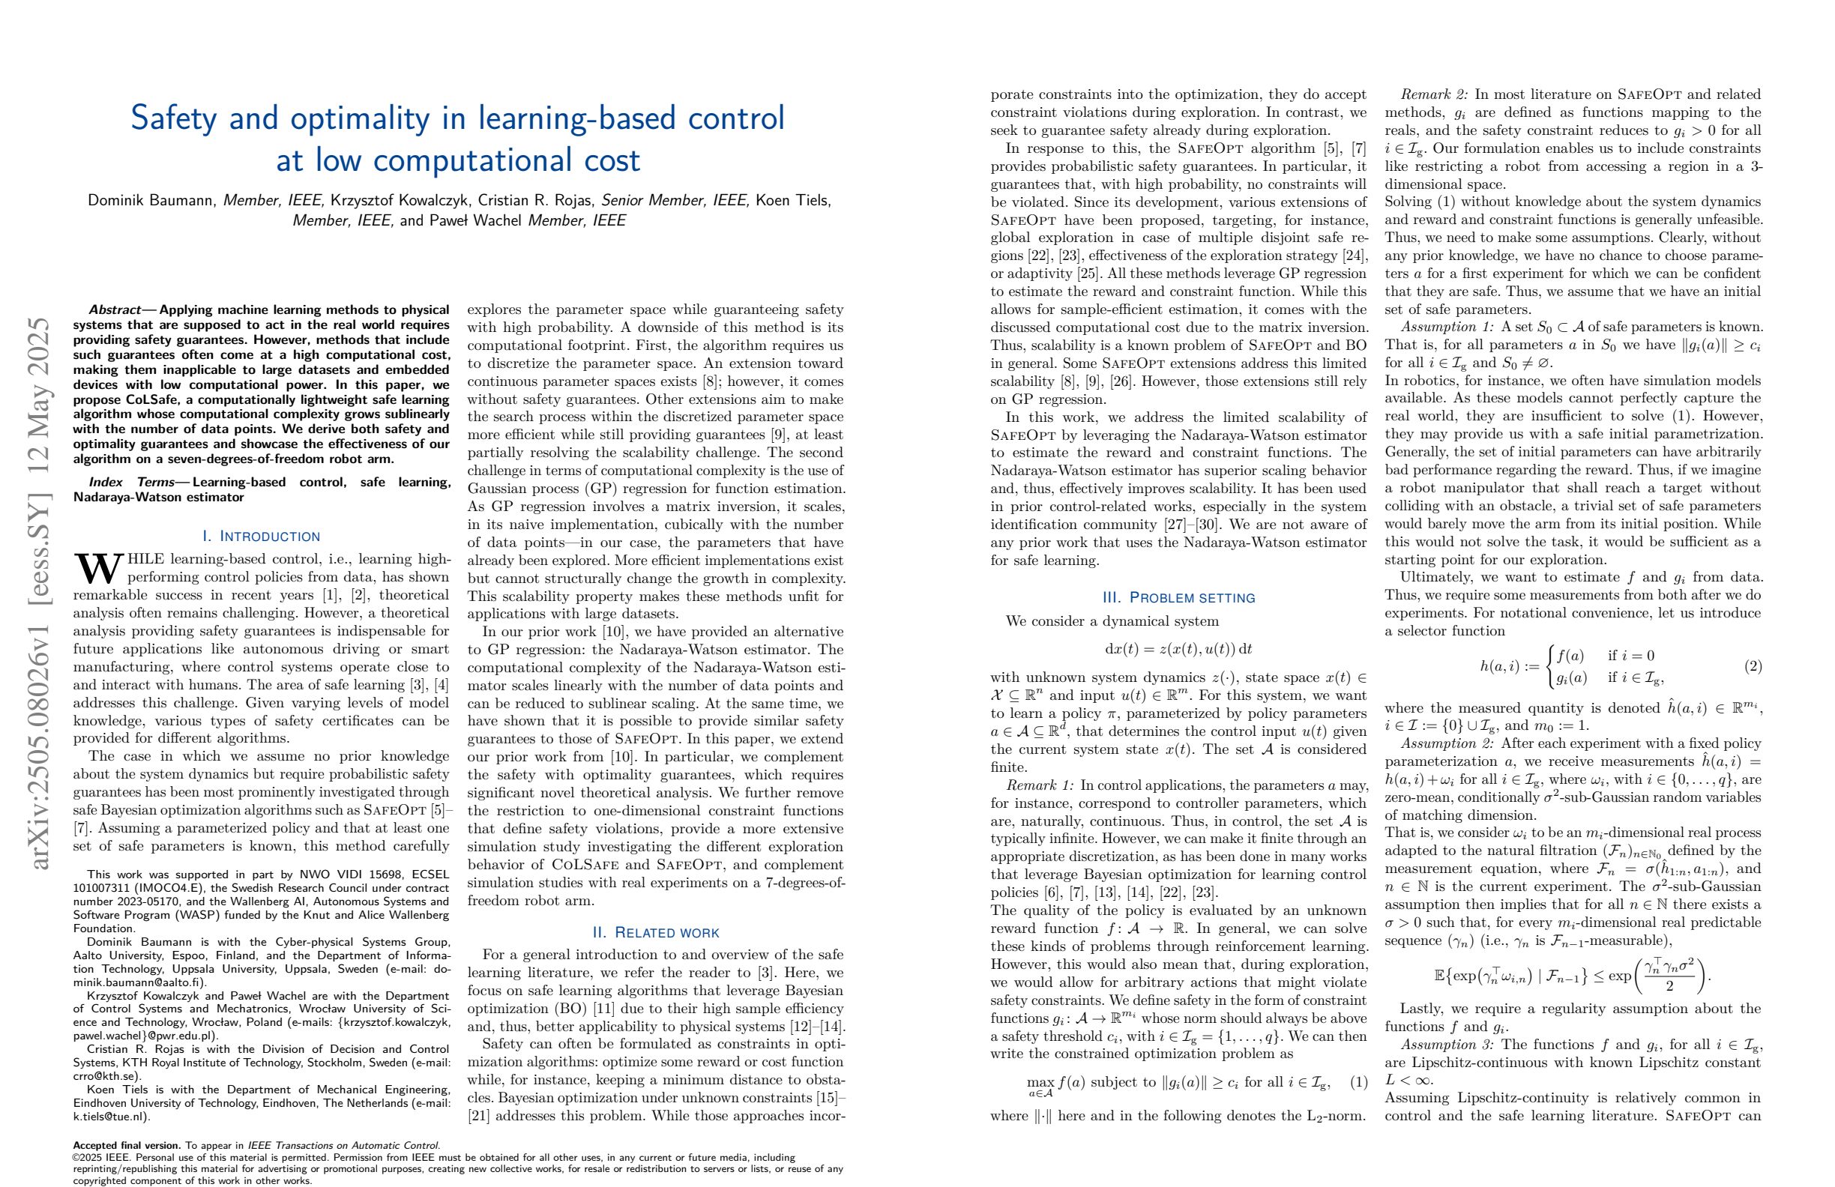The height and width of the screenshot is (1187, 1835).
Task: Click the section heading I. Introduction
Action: click(261, 536)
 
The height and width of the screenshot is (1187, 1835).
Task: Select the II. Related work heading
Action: click(655, 933)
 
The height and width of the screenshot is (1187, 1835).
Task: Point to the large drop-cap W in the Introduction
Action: click(97, 569)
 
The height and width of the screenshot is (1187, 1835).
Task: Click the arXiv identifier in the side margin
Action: click(38, 593)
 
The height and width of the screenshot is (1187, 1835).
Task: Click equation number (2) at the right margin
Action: click(1753, 666)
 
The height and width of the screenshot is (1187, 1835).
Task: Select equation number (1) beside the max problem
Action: click(1358, 1082)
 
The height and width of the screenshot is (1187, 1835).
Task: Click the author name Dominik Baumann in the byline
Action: click(153, 201)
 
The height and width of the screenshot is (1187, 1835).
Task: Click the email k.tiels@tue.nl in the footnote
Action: click(112, 1116)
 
